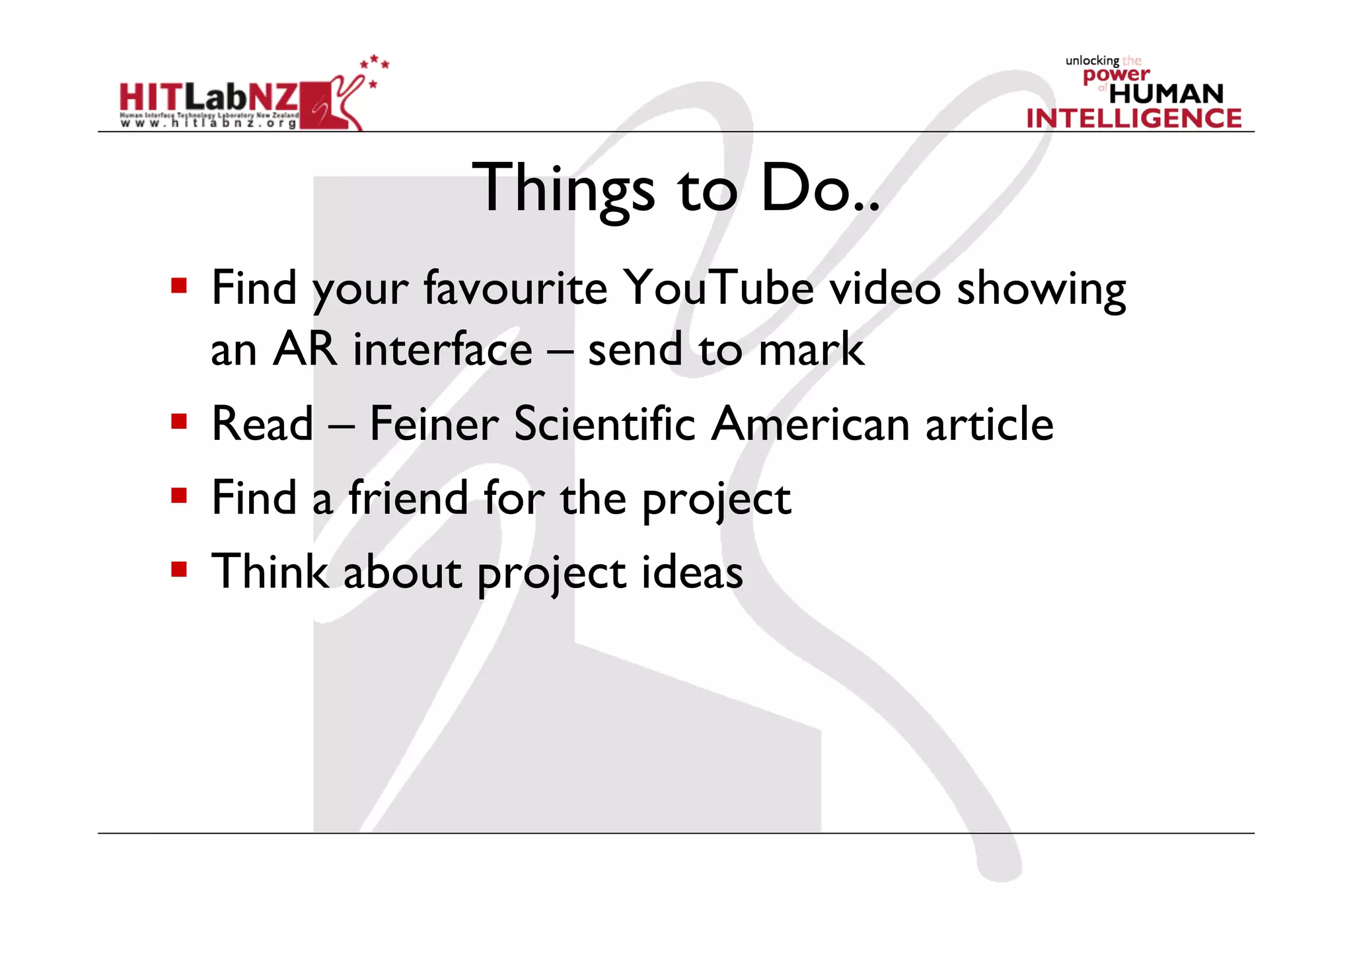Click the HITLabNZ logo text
208,98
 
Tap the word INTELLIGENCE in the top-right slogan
1134,118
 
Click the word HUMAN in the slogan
1166,94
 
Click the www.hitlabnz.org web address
208,124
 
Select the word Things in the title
563,189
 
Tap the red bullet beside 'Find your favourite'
179,286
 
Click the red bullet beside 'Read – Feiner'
179,422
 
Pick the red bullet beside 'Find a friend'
179,496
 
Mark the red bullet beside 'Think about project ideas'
179,569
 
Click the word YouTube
719,288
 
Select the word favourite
515,288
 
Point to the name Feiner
433,423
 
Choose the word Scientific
604,423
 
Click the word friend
408,497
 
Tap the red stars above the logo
374,66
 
